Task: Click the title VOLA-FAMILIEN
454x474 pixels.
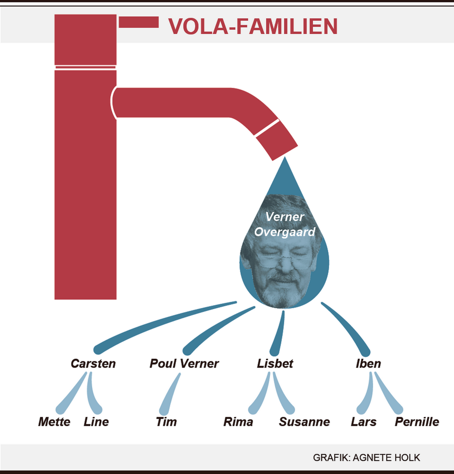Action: click(x=253, y=27)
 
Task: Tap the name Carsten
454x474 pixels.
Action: click(x=93, y=363)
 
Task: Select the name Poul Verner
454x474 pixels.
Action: click(x=184, y=363)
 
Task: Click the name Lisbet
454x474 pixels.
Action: click(x=275, y=363)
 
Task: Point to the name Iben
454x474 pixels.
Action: click(x=368, y=363)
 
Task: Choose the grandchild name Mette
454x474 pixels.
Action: click(x=54, y=422)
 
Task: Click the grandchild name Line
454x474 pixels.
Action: click(x=96, y=422)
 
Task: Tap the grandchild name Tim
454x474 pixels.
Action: click(x=166, y=422)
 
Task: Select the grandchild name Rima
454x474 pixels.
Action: click(x=238, y=422)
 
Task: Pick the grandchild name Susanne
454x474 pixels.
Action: click(x=304, y=422)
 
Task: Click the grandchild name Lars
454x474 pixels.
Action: click(x=364, y=422)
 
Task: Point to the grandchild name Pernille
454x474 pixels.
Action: click(x=417, y=422)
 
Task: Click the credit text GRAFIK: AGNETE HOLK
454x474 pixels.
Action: click(x=367, y=458)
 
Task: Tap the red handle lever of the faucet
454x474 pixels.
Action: click(x=139, y=22)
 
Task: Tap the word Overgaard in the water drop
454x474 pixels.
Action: click(x=285, y=232)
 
